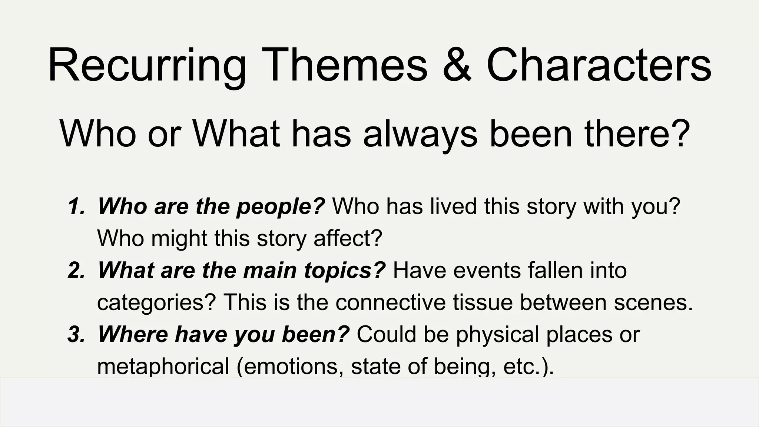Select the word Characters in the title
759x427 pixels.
coord(599,65)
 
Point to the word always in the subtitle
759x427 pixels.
coord(420,134)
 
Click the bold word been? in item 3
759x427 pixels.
coord(315,334)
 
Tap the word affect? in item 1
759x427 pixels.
coord(348,238)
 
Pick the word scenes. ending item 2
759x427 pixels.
coord(653,302)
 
